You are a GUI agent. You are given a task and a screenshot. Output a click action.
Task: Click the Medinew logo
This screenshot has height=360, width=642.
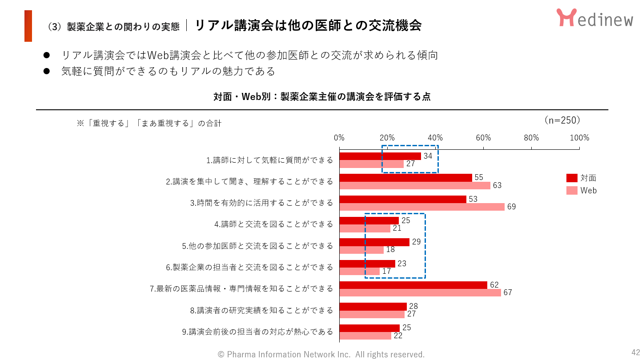pos(594,18)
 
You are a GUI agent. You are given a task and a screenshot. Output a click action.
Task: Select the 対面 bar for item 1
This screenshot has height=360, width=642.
pos(380,156)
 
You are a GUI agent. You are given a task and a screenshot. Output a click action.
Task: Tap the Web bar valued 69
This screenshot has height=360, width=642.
pos(422,207)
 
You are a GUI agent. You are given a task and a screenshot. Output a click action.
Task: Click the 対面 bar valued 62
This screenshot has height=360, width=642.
pos(413,285)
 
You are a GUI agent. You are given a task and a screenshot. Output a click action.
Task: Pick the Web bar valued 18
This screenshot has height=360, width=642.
pos(361,250)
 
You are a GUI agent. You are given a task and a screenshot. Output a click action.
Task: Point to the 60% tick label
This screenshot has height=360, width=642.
pos(483,138)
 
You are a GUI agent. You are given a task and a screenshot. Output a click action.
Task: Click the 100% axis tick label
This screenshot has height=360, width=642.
pos(579,138)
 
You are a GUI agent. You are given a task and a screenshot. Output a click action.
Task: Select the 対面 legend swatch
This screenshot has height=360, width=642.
pos(572,178)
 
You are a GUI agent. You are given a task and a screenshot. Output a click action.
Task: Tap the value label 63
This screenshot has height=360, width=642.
pos(497,185)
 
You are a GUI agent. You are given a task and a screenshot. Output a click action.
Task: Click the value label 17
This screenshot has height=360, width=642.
pos(387,271)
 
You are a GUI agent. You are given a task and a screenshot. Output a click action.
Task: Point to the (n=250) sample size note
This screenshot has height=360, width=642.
pos(562,120)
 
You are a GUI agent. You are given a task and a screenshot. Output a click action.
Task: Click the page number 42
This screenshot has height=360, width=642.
pos(635,352)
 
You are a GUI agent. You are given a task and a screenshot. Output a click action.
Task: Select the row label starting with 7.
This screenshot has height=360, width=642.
pos(241,289)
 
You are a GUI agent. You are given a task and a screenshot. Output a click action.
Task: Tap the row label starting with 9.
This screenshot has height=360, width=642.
pos(261,332)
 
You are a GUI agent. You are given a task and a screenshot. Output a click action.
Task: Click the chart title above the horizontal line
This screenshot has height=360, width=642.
pos(322,97)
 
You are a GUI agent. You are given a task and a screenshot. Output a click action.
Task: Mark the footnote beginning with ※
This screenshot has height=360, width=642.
pos(149,123)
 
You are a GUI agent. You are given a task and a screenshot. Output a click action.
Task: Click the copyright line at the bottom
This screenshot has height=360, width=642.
pos(321,354)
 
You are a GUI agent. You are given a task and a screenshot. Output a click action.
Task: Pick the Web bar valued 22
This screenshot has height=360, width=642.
pos(365,336)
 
